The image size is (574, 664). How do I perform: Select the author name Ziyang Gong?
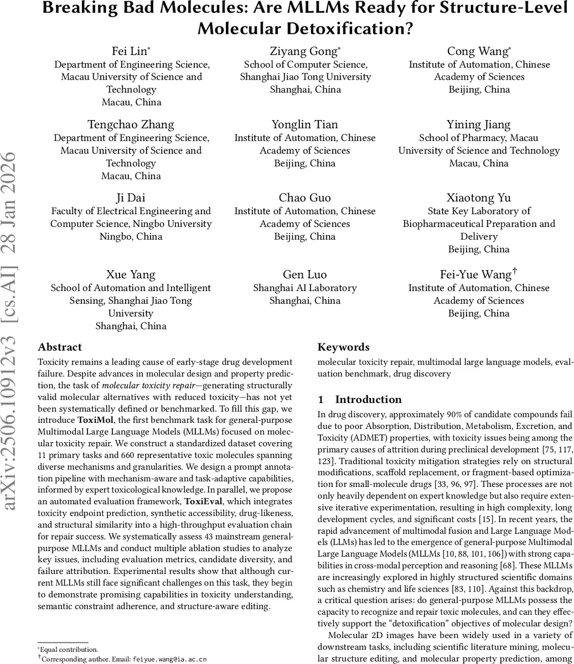point(304,51)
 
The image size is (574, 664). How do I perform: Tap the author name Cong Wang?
point(478,51)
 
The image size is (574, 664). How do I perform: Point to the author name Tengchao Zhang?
point(131,124)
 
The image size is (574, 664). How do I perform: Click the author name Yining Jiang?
point(479,124)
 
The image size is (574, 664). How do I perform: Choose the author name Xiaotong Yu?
point(479,198)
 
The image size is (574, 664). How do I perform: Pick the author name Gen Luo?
point(304,275)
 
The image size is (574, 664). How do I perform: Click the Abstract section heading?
point(60,347)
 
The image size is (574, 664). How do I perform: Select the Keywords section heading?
point(343,347)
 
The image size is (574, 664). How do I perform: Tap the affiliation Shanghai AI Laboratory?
point(304,288)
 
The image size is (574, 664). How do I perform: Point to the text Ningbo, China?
point(131,236)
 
